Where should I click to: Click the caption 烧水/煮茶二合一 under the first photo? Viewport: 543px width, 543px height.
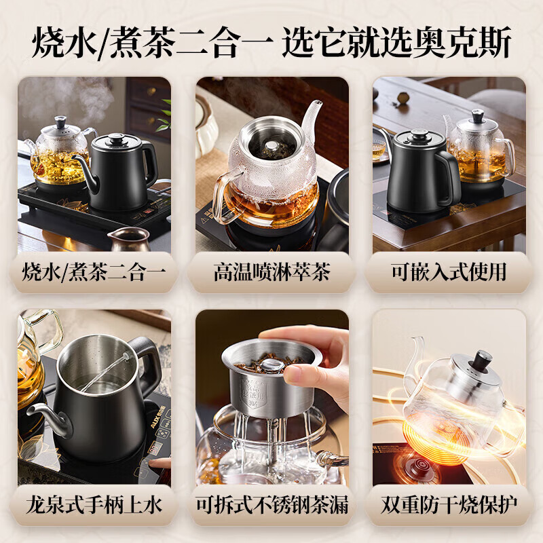94,272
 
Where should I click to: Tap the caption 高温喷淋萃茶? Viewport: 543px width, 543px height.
271,272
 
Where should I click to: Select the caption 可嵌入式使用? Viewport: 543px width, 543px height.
449,272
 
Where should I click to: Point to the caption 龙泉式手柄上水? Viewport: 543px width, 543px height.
94,505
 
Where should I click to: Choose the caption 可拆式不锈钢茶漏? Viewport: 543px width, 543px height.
271,505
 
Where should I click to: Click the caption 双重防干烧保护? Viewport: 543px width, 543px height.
449,505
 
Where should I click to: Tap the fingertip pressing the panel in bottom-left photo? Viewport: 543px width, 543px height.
155,464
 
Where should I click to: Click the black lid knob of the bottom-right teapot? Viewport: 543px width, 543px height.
483,358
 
